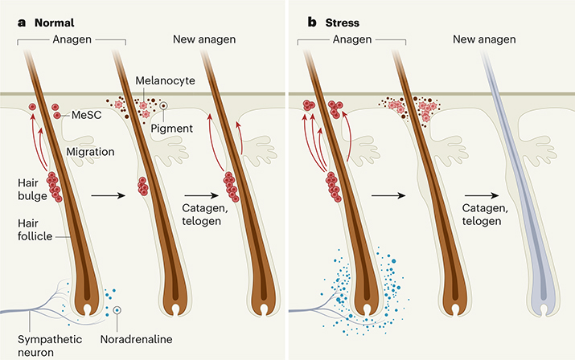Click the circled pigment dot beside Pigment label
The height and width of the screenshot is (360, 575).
tap(163, 104)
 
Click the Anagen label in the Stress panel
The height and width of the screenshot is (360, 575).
tap(361, 39)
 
